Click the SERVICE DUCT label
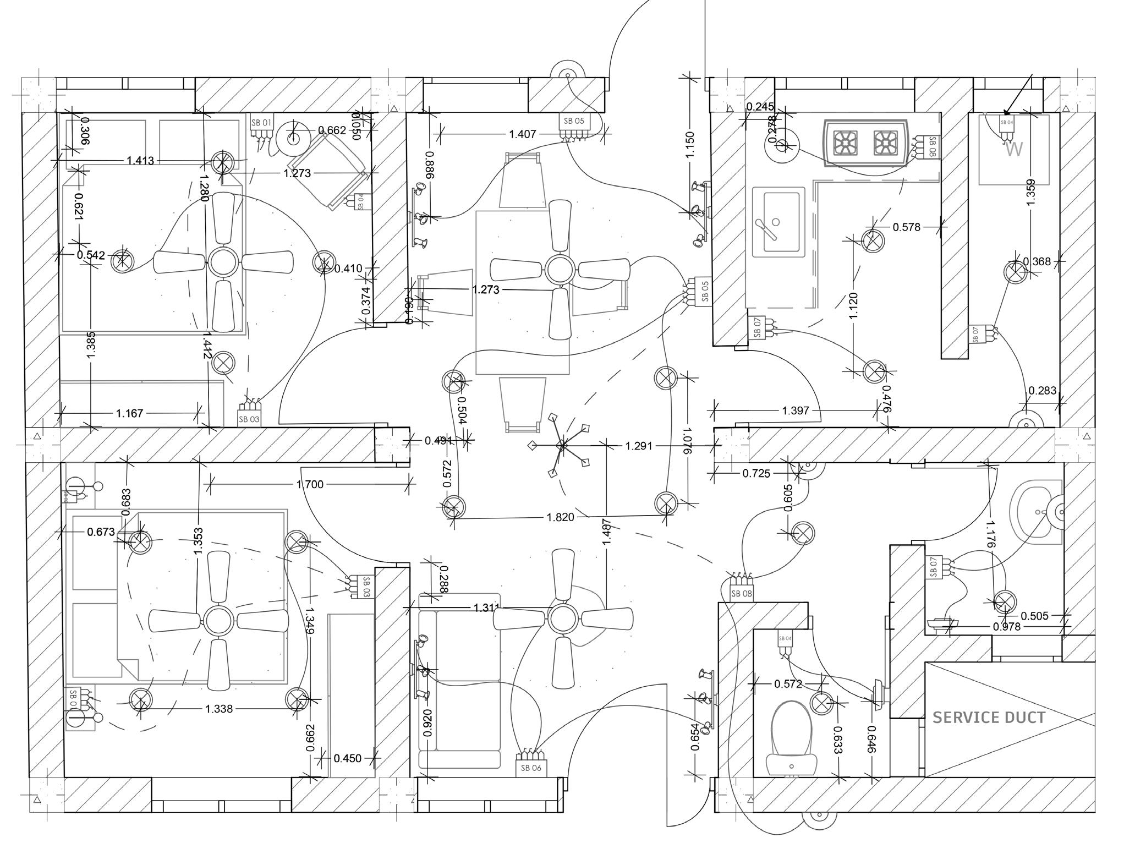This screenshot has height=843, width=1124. (989, 718)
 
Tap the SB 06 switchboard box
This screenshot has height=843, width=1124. (531, 767)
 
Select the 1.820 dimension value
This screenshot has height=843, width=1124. (560, 517)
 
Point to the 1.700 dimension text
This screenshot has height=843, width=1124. (310, 484)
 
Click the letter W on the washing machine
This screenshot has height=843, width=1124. (1013, 149)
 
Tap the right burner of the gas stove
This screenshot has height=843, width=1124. (886, 143)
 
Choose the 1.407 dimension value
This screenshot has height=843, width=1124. (522, 134)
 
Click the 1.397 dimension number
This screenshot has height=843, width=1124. (796, 410)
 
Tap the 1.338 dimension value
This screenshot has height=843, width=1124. (219, 709)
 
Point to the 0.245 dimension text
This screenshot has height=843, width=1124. (760, 107)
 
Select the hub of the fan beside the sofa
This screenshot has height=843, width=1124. (563, 619)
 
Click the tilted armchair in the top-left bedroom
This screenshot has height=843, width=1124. (328, 171)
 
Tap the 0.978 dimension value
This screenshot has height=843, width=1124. (1007, 626)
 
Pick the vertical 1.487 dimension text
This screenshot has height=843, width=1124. (607, 532)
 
